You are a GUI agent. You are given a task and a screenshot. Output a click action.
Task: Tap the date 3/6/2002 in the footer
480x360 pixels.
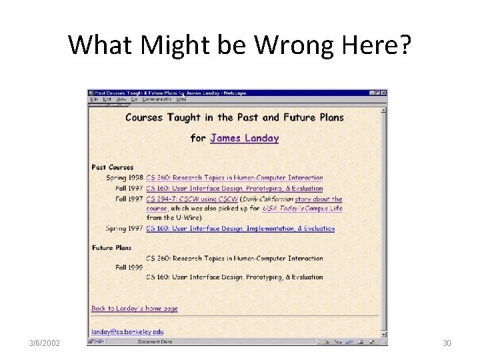44,343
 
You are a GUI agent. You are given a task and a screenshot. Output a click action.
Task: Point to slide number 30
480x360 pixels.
447,343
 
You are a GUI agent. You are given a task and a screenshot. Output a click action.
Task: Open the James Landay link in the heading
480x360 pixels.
244,138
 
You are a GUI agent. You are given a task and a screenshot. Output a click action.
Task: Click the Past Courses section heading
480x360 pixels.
113,167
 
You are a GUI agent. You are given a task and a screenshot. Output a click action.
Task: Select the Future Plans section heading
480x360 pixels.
112,248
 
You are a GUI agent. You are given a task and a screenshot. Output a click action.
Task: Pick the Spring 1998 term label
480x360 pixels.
124,178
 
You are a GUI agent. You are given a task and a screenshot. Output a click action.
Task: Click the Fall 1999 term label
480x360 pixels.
129,267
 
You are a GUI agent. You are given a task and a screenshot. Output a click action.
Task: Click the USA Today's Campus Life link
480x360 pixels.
302,208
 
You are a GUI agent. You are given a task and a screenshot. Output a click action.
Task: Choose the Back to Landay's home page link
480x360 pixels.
135,309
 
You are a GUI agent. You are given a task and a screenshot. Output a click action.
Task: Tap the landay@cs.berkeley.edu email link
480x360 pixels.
127,331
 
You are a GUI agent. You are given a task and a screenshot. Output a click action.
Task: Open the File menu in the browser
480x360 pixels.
94,99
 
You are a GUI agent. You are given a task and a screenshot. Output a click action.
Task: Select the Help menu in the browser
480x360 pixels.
181,99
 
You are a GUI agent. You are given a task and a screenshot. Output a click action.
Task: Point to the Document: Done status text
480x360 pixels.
155,342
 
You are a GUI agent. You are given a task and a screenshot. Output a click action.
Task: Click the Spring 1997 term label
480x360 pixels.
124,228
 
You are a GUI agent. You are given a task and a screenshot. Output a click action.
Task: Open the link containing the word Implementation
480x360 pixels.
240,228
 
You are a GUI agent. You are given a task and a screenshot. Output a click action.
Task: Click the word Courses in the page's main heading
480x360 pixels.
144,117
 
